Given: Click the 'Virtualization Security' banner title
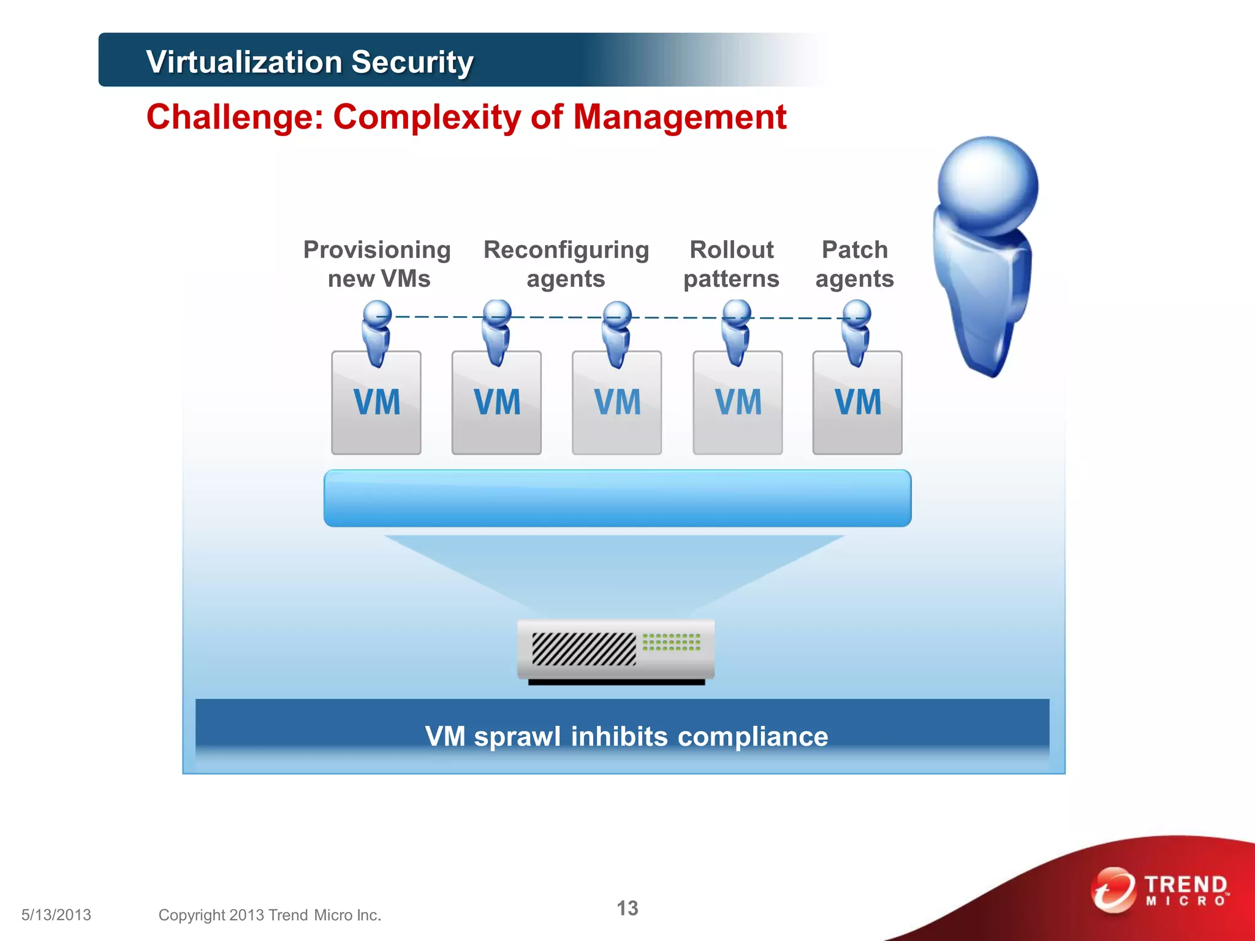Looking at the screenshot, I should pos(309,62).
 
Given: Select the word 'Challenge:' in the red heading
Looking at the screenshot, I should pos(235,116).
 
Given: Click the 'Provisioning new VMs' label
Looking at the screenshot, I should pos(377,264).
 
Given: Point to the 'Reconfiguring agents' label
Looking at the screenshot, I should pos(566,264).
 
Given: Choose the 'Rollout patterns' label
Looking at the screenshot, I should pos(731,264).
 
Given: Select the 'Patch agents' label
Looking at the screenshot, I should pos(854,264).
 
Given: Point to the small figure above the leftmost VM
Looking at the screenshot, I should pos(376,331).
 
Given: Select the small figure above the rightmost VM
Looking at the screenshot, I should pos(856,331).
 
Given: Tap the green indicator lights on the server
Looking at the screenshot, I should pos(671,642).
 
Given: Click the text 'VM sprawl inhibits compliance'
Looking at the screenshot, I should pos(626,736).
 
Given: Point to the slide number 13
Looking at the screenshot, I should pos(627,908).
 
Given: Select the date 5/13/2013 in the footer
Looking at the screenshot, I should pos(56,915).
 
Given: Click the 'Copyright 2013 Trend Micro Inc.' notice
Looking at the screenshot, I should pos(270,915).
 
